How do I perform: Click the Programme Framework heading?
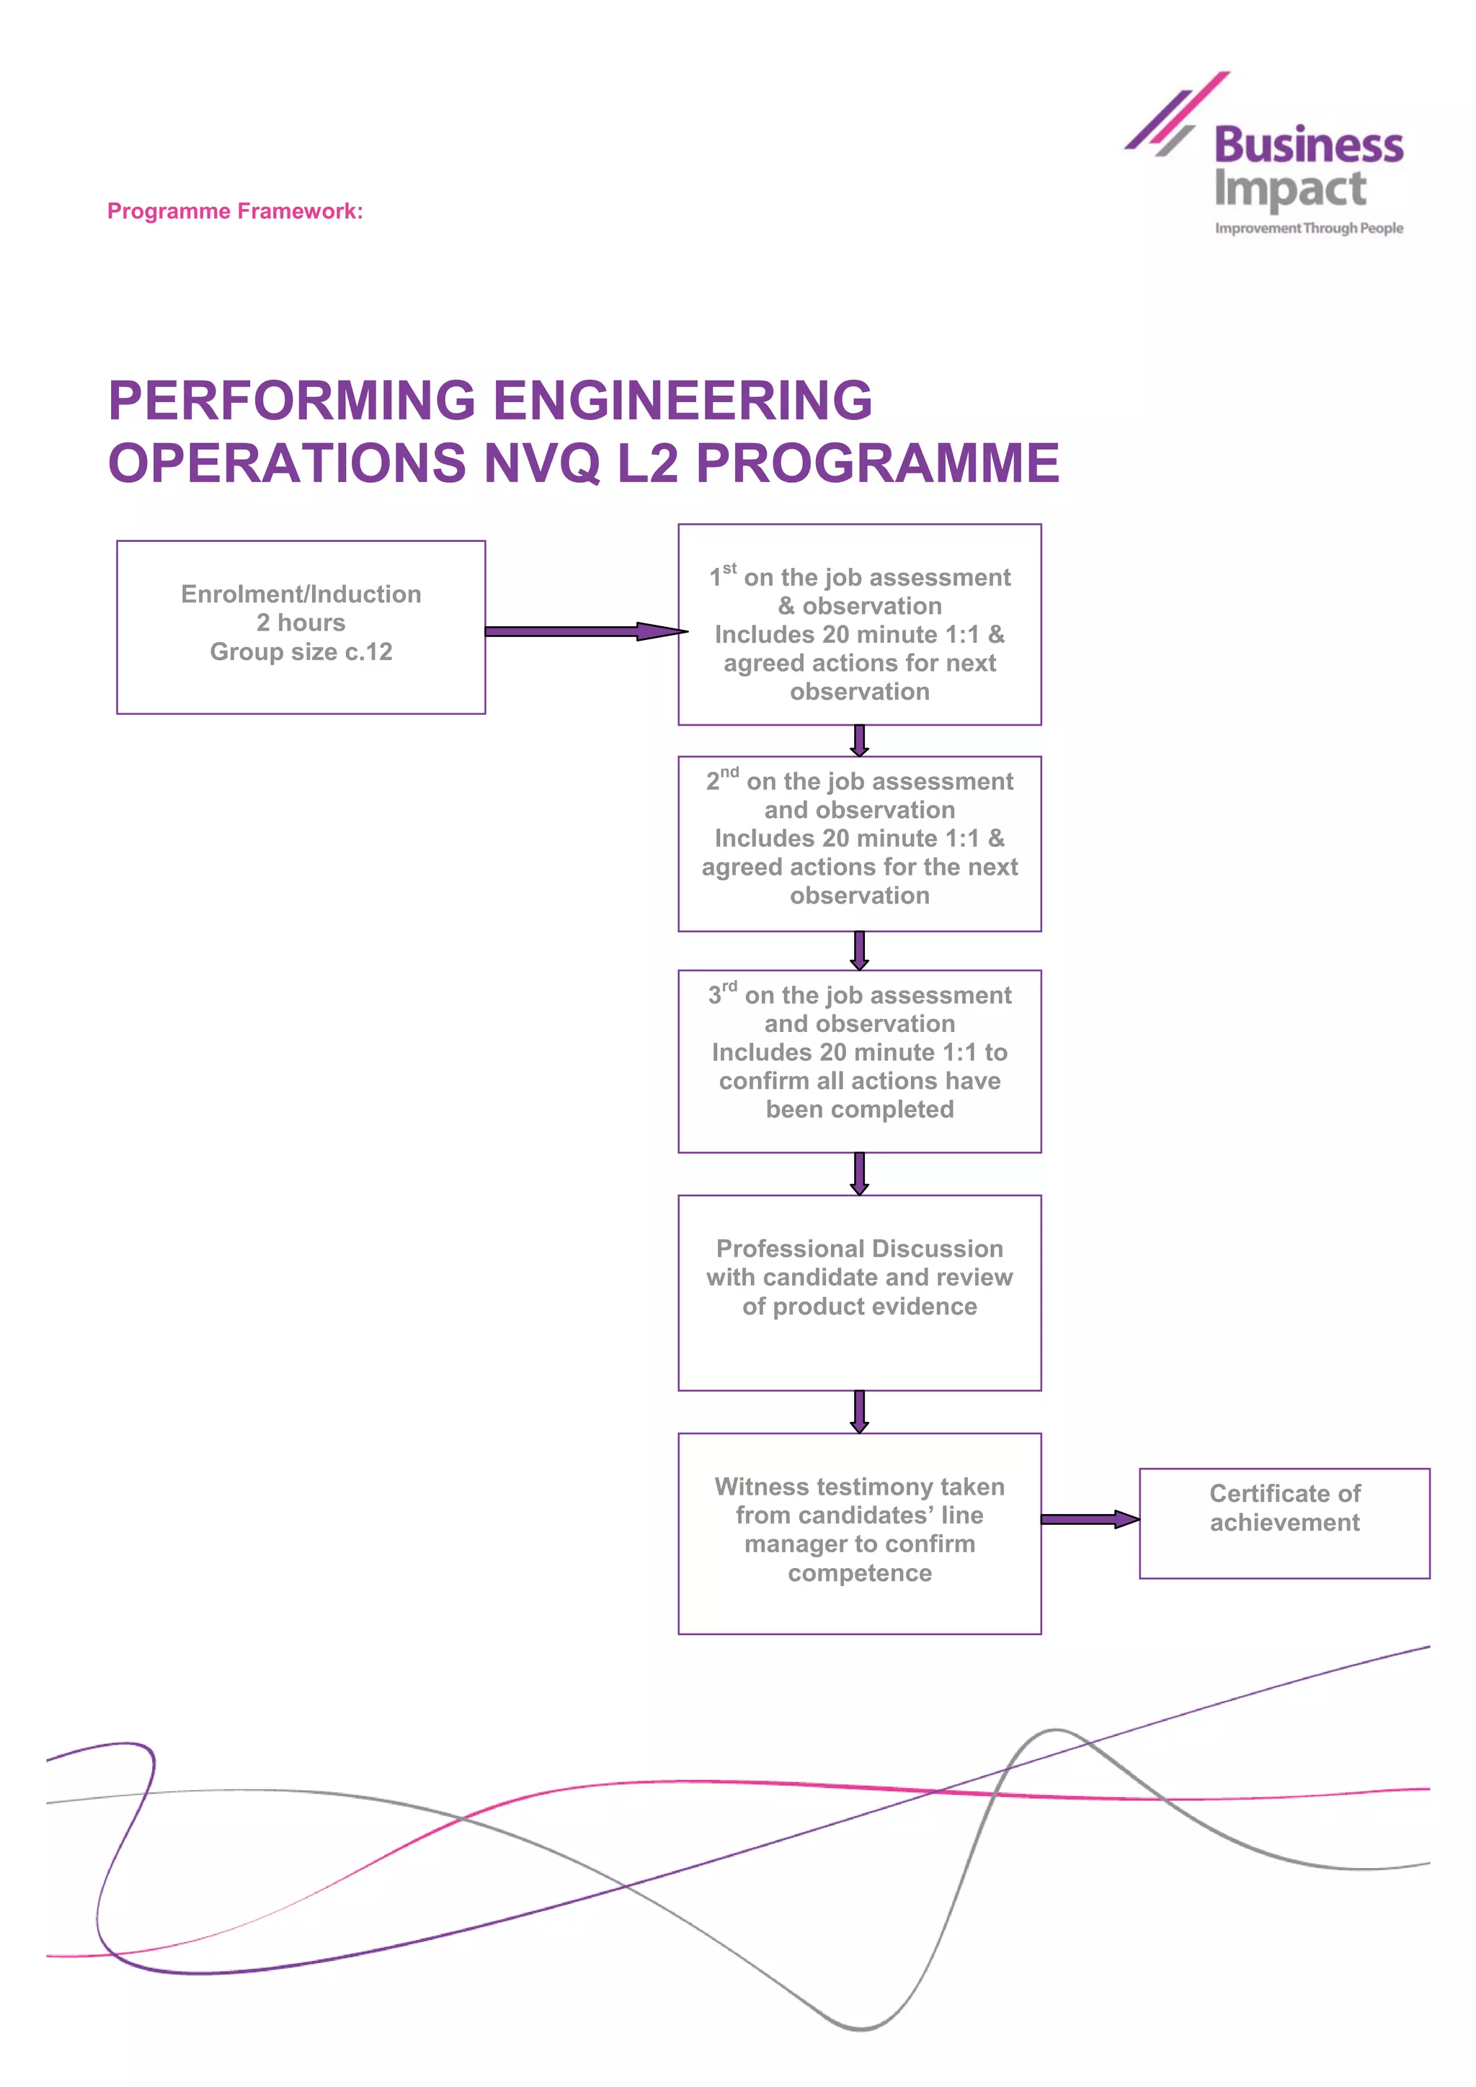234,211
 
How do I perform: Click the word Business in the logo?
1308,146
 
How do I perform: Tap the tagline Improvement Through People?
1308,228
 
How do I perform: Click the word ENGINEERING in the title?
683,401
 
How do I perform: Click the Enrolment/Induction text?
301,594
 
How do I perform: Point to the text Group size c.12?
301,651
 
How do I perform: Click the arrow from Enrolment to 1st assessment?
582,631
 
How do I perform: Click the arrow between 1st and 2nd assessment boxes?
859,740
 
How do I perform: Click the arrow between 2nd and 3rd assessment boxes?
859,950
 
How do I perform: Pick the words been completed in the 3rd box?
859,1109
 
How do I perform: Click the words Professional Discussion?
859,1248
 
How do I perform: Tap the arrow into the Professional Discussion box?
859,1173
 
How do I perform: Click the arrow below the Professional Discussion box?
859,1411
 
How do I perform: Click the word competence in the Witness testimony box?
859,1572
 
